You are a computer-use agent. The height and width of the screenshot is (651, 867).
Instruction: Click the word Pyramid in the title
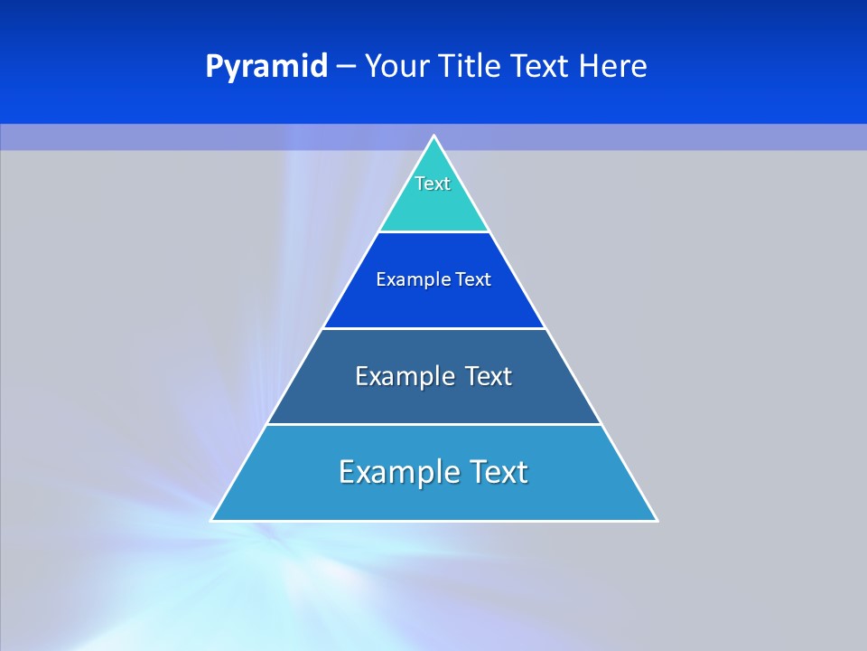(x=266, y=67)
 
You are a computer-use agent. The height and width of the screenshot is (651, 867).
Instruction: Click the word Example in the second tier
(x=408, y=279)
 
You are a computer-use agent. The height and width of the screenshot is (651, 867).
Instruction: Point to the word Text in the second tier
(x=473, y=279)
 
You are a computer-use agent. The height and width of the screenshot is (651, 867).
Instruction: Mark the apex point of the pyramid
(x=433, y=137)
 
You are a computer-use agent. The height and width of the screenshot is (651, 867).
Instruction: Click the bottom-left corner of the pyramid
(x=212, y=520)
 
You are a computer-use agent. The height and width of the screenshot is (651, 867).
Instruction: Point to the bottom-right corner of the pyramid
(x=657, y=520)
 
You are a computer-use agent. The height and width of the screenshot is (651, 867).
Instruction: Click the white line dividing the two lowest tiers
(x=433, y=424)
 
